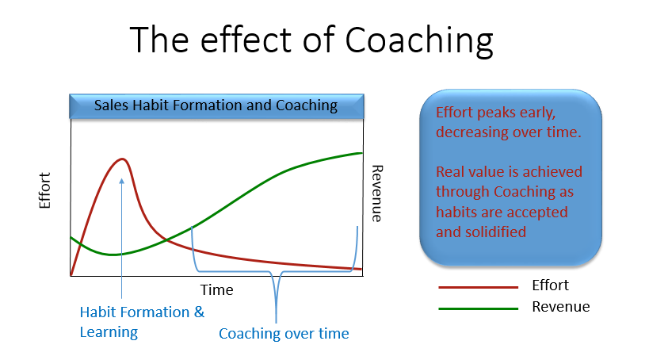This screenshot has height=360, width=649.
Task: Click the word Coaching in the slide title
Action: (419, 41)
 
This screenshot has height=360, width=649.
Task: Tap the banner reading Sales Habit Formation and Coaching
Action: (216, 106)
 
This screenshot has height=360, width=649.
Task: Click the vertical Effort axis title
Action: (44, 190)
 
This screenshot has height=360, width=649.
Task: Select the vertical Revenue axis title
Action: (377, 193)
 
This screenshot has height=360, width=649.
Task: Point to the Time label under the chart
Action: (216, 290)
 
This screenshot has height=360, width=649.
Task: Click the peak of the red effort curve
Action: (122, 159)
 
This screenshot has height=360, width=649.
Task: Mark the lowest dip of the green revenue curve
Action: (112, 255)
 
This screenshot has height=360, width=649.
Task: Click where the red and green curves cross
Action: (166, 239)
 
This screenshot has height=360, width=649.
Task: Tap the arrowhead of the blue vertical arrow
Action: (121, 181)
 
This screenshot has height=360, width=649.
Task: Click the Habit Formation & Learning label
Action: (142, 322)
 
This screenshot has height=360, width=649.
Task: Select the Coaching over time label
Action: (284, 334)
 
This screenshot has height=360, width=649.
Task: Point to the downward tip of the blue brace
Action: (276, 322)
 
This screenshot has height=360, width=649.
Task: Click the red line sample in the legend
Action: (478, 287)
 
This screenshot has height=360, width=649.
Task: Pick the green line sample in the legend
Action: (478, 308)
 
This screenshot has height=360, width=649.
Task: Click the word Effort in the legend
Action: (550, 285)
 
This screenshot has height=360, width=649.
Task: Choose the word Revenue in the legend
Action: (561, 307)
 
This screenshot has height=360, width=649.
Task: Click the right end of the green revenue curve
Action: (362, 153)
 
